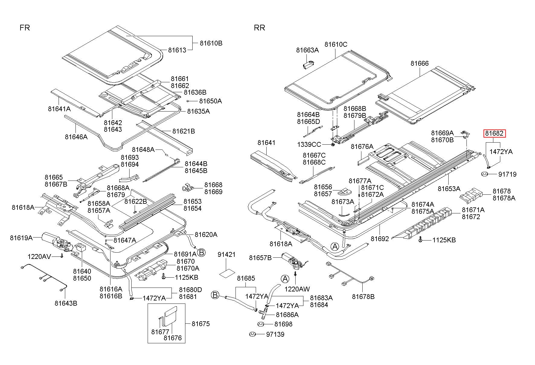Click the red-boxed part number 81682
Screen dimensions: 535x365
[x=495, y=134]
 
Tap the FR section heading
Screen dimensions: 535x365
[x=25, y=28]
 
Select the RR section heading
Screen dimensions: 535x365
[x=260, y=28]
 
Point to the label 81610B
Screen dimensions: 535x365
[x=211, y=43]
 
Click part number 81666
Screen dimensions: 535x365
[x=420, y=63]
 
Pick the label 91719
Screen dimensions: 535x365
[x=507, y=174]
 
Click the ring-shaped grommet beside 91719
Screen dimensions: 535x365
[x=485, y=174]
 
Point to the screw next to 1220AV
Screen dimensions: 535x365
[x=62, y=256]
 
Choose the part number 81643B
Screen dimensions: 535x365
[x=66, y=303]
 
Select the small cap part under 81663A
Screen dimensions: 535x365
[x=308, y=65]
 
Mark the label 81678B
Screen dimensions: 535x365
[x=363, y=297]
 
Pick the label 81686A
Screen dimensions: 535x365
[x=287, y=315]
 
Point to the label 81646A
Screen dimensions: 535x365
[x=76, y=137]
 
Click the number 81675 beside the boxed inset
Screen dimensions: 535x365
[x=201, y=324]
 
